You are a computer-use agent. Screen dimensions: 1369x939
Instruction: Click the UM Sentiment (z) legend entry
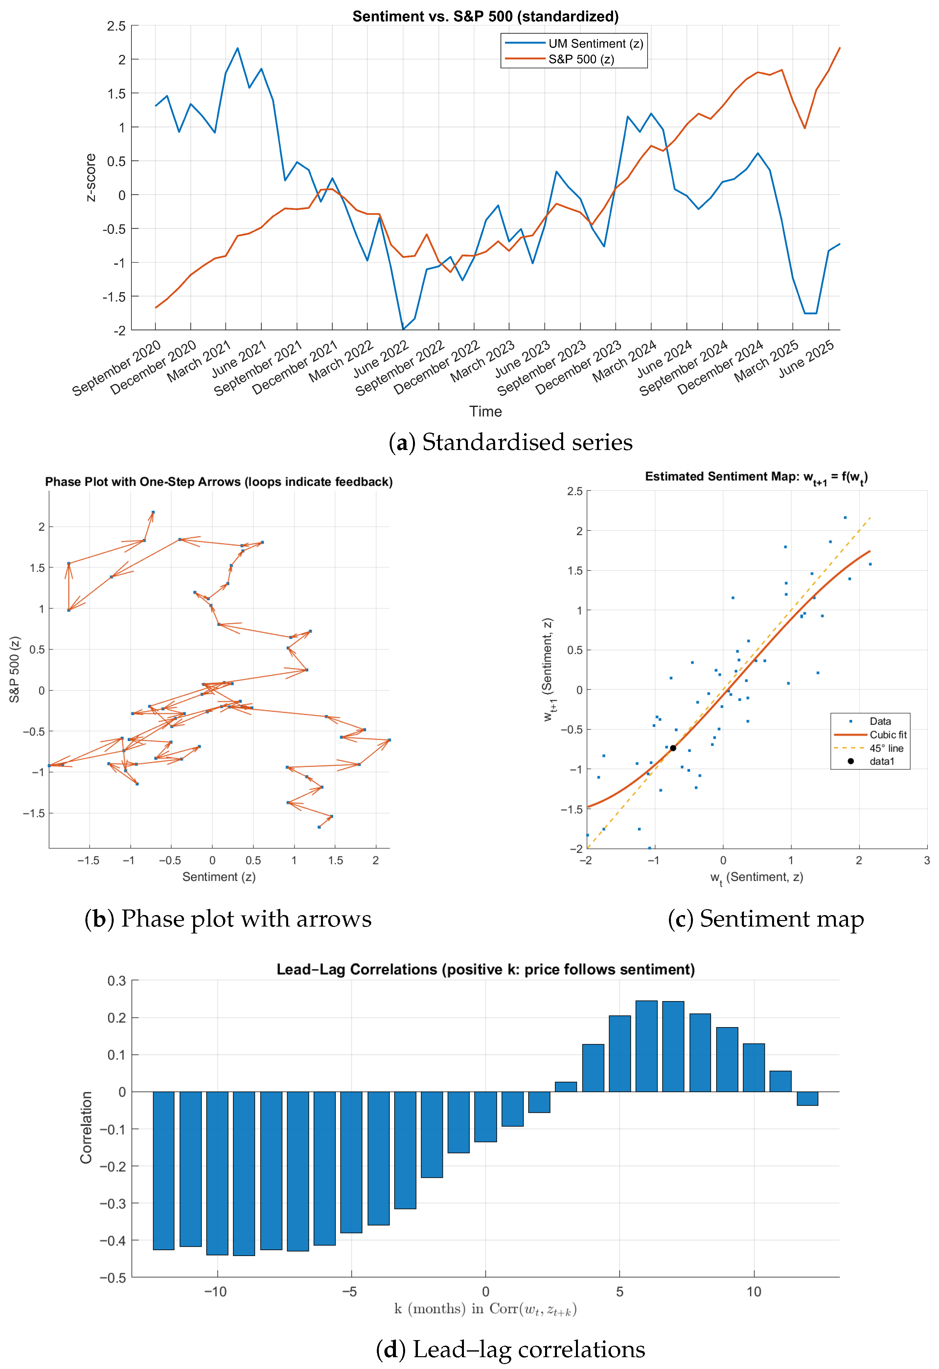tap(595, 44)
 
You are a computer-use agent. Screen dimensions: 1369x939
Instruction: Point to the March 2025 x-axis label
tap(766, 361)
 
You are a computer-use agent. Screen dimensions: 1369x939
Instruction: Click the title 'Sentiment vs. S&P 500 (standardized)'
tap(485, 16)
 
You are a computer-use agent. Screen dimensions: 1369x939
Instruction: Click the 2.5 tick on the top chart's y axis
tap(116, 26)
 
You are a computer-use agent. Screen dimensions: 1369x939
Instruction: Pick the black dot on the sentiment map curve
tap(673, 748)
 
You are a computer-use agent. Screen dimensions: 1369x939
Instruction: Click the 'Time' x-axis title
tap(485, 412)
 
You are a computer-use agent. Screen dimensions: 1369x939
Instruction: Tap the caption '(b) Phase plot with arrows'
tap(228, 919)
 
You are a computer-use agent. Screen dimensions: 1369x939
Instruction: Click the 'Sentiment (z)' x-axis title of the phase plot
tap(218, 877)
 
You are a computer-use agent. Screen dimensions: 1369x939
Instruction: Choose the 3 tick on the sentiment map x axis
tap(927, 861)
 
